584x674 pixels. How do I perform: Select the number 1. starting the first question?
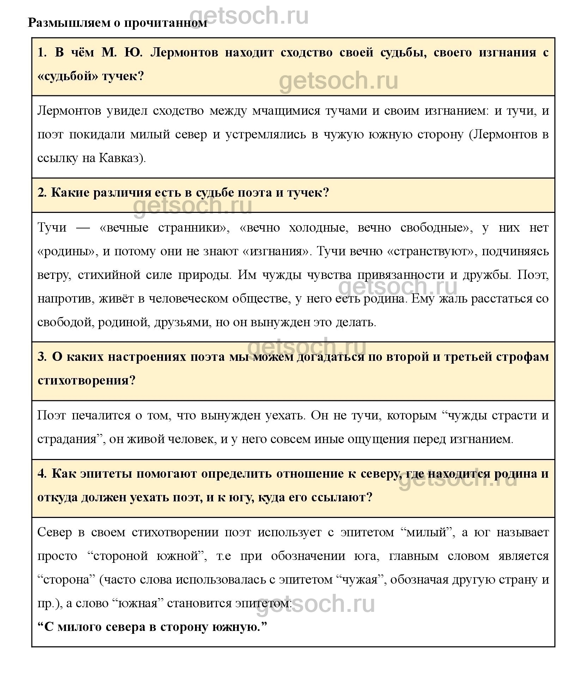[42, 53]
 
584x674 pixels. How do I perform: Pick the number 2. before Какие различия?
[42, 193]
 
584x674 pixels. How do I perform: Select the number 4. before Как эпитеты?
[42, 473]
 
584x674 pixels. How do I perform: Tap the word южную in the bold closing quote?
[238, 627]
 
